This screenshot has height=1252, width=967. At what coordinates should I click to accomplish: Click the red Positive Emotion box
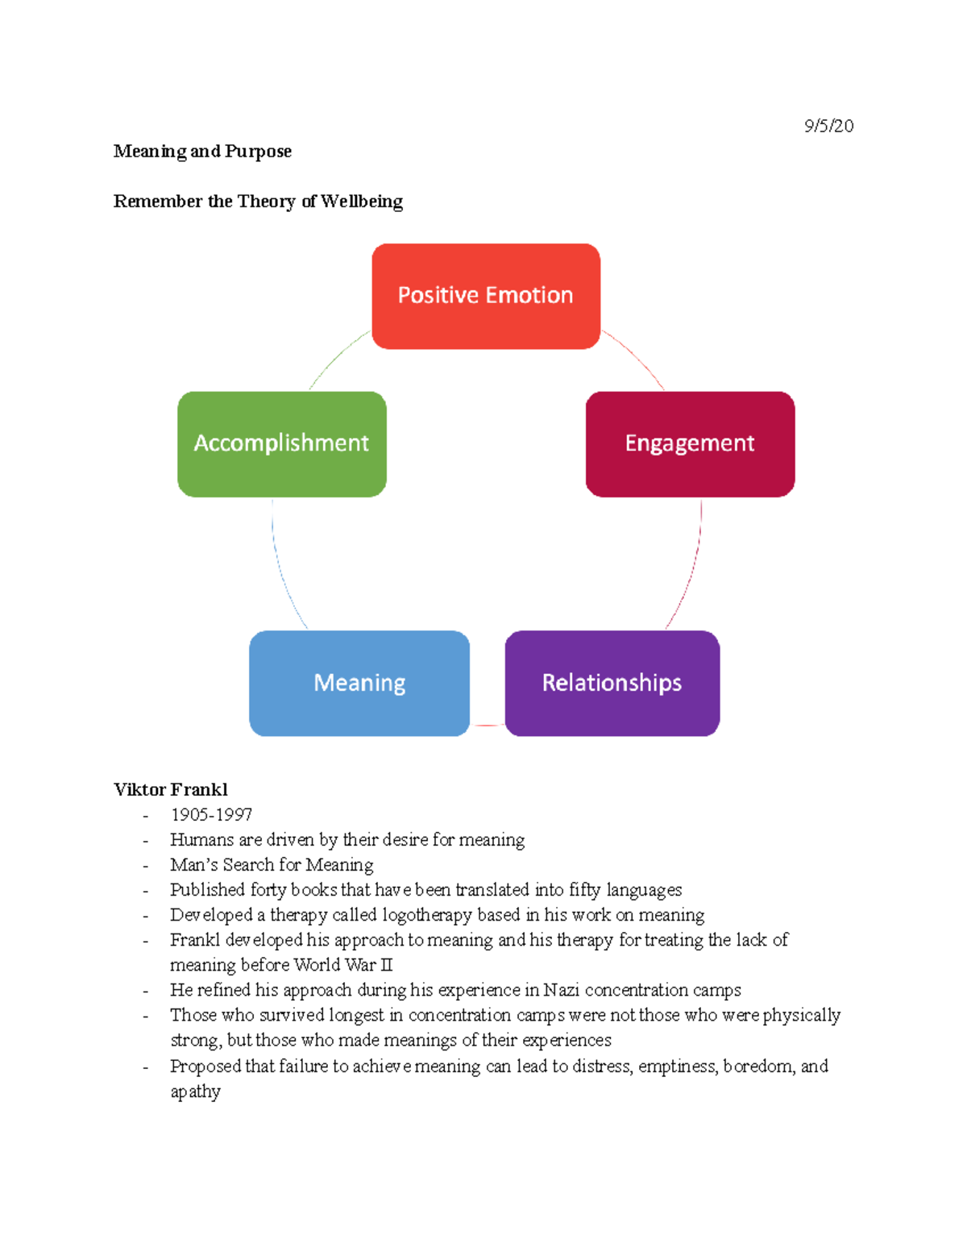pos(486,296)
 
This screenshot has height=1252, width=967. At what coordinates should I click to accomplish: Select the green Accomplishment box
pos(281,443)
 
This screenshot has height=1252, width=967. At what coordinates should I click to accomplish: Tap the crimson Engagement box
pos(690,443)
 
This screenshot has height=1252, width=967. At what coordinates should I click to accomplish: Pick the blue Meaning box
pos(359,683)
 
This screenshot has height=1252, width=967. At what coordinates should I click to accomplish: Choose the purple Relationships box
pos(612,683)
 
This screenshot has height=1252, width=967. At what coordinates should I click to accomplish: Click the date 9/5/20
pos(828,126)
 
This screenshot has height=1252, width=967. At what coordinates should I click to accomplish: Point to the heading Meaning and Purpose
pos(202,152)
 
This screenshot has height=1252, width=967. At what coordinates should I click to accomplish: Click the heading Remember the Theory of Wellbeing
pos(258,202)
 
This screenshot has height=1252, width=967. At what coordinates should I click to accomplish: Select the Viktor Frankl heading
pos(171,789)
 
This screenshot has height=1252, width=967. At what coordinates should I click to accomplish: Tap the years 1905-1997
pos(211,814)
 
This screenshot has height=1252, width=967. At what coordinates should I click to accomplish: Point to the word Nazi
pos(561,990)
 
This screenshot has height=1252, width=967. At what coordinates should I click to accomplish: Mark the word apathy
pos(195,1092)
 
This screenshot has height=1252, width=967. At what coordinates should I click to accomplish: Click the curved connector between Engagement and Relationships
pos(691,569)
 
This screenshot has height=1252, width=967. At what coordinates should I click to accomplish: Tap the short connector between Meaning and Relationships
pos(488,726)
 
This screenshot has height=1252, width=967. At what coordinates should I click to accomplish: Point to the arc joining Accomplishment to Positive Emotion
pos(337,357)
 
